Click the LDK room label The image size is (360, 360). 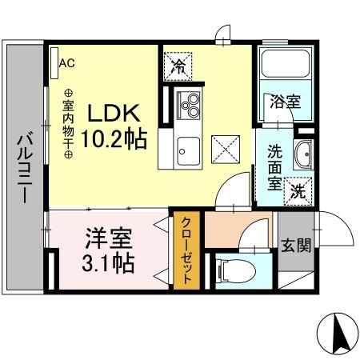(x=121, y=112)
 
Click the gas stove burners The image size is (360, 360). (x=191, y=105)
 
